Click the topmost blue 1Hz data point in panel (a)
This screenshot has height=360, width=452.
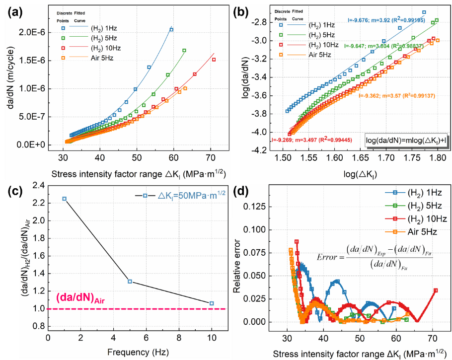point(171,30)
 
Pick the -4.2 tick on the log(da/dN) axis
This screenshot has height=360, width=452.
point(254,150)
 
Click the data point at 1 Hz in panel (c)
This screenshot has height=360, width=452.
point(64,199)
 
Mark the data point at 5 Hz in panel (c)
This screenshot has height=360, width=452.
point(129,282)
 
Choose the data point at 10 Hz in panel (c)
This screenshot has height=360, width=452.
point(212,303)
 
